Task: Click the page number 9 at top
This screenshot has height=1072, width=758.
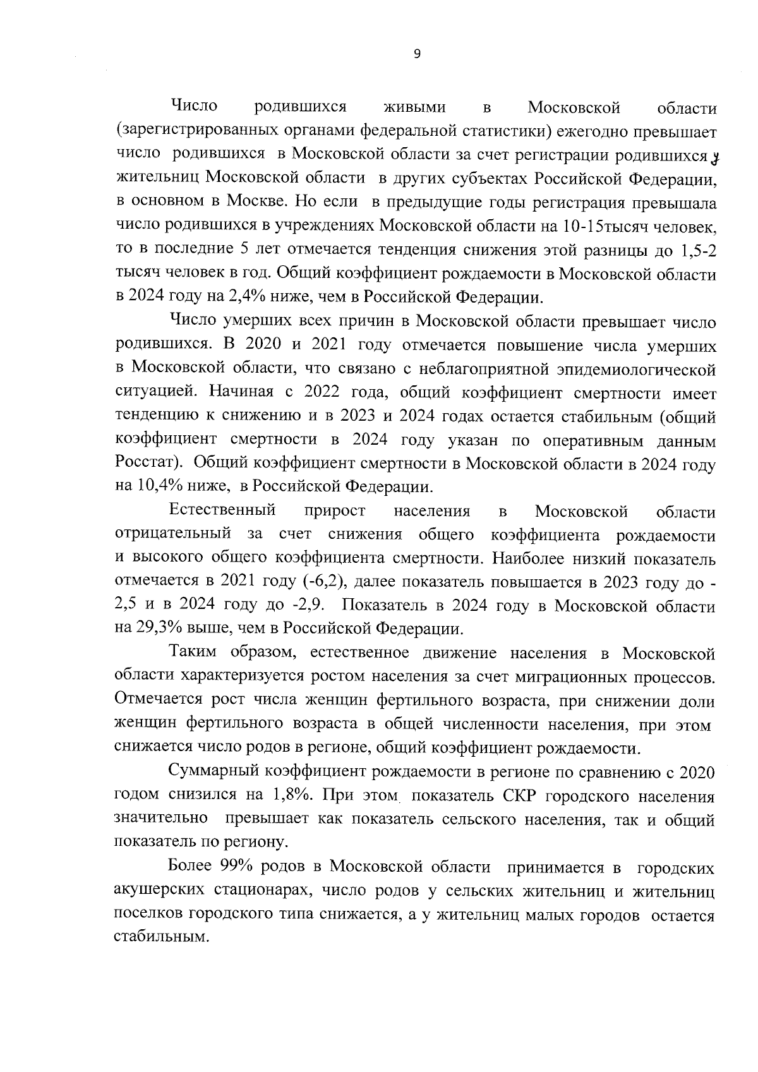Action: point(416,55)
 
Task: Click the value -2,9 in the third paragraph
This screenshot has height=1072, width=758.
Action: point(308,606)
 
